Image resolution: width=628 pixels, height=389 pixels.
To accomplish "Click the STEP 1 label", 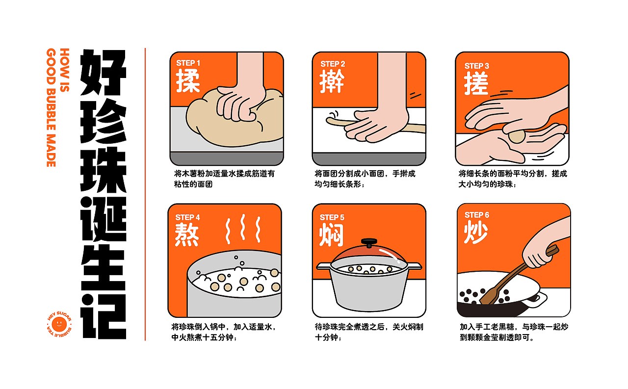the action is (188, 63).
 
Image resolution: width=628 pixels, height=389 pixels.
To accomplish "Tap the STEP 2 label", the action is (333, 64).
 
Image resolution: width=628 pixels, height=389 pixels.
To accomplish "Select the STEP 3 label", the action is (476, 66).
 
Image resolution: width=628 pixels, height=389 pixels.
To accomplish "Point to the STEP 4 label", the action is (187, 217).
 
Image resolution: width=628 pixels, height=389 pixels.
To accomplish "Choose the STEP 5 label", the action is (332, 217).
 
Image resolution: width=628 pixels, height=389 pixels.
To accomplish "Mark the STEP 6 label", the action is (476, 215).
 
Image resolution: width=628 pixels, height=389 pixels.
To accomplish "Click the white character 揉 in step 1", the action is (188, 81).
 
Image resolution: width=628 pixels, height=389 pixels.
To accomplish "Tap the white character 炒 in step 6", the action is (476, 232).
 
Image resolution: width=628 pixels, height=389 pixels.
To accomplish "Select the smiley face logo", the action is (59, 325).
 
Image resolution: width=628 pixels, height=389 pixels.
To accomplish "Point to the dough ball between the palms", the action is (517, 136).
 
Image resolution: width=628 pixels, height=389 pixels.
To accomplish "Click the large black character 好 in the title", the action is (103, 72).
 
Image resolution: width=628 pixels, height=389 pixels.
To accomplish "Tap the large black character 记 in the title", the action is (103, 316).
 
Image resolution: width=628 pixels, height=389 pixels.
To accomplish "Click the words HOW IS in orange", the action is (64, 70).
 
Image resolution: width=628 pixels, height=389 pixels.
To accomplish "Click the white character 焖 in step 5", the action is (331, 235).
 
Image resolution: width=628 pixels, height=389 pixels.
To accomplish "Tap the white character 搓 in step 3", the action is (476, 83).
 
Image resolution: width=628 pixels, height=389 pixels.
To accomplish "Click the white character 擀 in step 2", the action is (332, 81).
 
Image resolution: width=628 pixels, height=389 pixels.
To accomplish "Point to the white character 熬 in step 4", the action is (187, 235).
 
